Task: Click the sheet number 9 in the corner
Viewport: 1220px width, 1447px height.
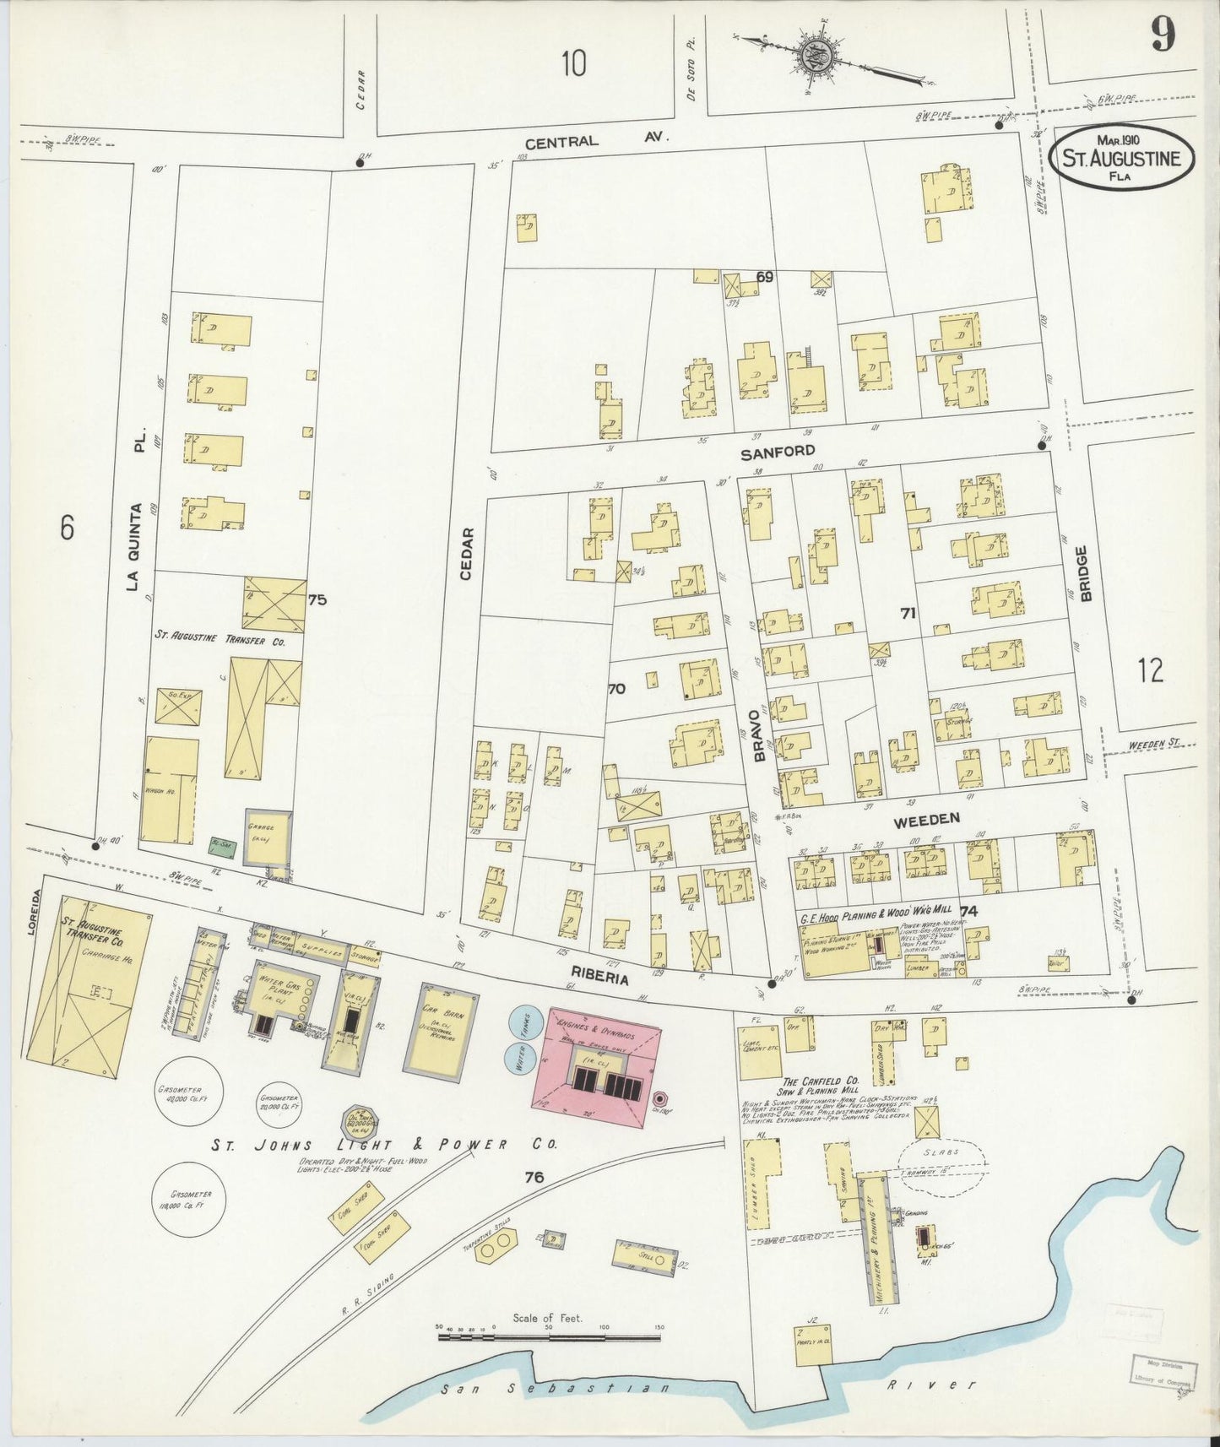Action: coord(1165,35)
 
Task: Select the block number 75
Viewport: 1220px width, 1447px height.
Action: coord(317,600)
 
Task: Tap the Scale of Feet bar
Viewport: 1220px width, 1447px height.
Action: coord(549,1338)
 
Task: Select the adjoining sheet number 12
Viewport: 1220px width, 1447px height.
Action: coord(1149,671)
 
